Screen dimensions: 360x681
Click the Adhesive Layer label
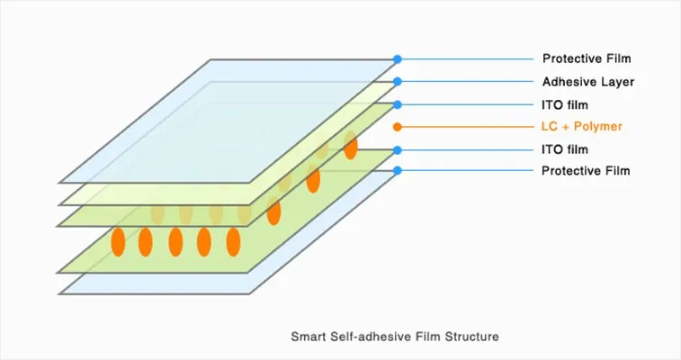(587, 82)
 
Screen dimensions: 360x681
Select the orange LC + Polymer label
(582, 127)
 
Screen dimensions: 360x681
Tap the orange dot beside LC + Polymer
(397, 127)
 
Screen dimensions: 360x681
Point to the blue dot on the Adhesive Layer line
(397, 82)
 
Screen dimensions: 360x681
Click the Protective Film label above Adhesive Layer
(587, 59)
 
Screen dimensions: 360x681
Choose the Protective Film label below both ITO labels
(587, 170)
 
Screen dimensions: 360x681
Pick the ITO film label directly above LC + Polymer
(565, 104)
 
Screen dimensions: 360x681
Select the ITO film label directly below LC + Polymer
(565, 149)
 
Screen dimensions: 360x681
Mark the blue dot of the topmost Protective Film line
(397, 59)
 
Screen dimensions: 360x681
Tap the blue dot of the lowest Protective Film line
(397, 170)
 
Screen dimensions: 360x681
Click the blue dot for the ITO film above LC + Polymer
(397, 104)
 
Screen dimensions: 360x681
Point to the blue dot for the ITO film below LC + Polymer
(397, 149)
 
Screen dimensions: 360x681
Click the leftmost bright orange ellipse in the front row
(118, 242)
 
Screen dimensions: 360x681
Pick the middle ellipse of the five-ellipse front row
(175, 242)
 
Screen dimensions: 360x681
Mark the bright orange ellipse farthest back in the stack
(350, 147)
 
